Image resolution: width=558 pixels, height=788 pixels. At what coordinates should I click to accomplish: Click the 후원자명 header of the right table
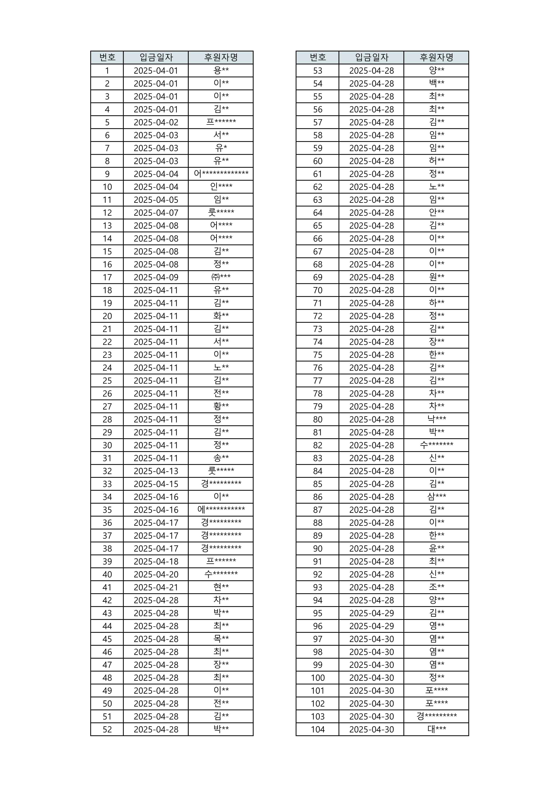click(436, 57)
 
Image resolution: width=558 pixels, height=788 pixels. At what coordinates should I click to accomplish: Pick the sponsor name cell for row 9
click(221, 174)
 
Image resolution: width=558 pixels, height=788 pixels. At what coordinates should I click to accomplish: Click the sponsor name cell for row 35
click(221, 510)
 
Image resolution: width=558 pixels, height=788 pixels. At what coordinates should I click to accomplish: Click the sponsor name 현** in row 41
click(221, 587)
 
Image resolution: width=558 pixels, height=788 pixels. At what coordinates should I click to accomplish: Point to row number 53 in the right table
click(318, 70)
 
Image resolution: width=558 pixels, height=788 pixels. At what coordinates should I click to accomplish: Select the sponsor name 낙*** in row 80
click(436, 419)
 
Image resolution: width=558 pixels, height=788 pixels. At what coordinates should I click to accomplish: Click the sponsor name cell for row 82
click(436, 445)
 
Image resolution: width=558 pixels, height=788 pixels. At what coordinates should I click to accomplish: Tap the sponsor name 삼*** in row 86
click(436, 497)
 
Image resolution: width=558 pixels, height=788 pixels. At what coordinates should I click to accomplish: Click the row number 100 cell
click(318, 677)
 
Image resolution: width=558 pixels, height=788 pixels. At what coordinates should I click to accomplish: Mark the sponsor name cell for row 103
click(436, 716)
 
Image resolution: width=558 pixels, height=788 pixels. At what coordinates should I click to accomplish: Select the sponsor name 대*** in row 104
click(436, 729)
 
